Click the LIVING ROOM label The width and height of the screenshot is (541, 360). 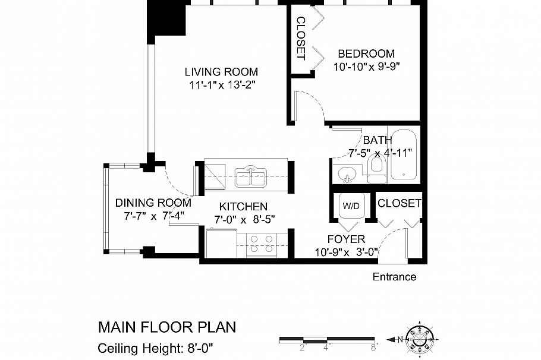click(221, 72)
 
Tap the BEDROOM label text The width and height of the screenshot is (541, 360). click(366, 53)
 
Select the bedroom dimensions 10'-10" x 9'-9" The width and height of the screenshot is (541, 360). click(366, 67)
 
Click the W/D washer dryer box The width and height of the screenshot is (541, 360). click(349, 206)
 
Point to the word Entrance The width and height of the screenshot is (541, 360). click(394, 277)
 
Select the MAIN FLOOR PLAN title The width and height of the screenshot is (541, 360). click(166, 327)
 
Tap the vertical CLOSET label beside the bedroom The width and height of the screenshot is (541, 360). click(300, 39)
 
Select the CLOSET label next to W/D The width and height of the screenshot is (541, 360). click(400, 203)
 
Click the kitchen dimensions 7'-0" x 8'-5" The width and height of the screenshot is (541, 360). click(244, 219)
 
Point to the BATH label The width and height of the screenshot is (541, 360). click(378, 141)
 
